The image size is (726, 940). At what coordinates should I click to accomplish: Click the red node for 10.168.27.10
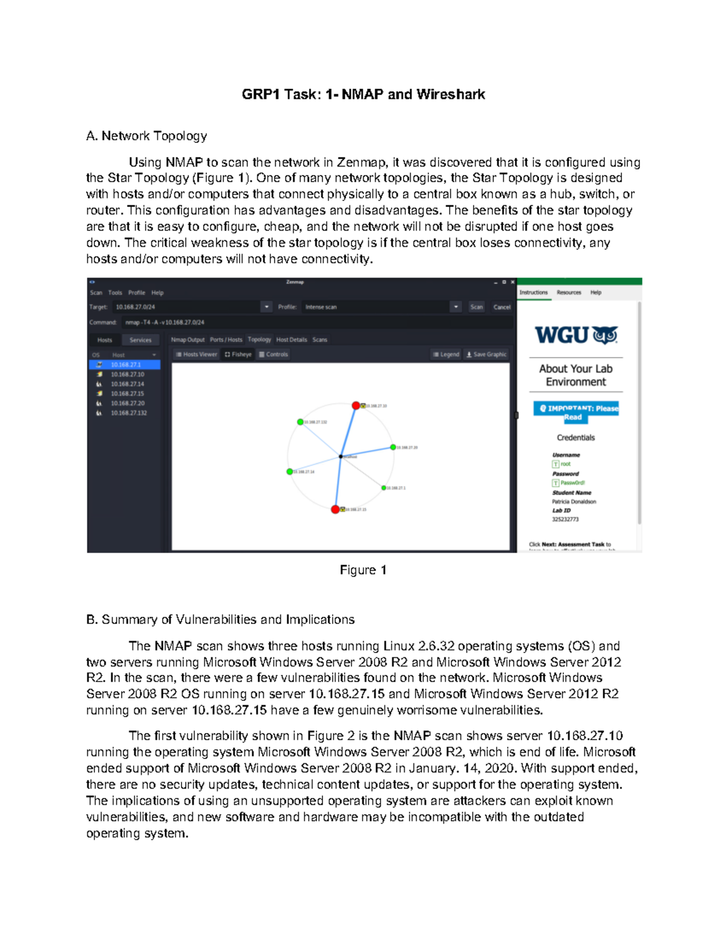pyautogui.click(x=356, y=406)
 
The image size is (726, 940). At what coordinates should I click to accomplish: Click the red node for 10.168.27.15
pyautogui.click(x=335, y=509)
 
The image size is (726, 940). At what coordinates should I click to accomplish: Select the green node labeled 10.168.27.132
pyautogui.click(x=300, y=422)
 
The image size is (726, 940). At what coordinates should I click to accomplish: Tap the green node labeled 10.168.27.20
pyautogui.click(x=393, y=447)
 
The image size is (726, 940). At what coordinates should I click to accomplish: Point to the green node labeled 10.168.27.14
pyautogui.click(x=289, y=472)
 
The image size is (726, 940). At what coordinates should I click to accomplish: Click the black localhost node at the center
pyautogui.click(x=341, y=456)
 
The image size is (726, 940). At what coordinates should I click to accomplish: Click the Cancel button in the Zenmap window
pyautogui.click(x=502, y=307)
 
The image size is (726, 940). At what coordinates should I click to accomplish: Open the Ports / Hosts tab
pyautogui.click(x=226, y=340)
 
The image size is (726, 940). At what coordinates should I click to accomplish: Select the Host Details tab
pyautogui.click(x=292, y=340)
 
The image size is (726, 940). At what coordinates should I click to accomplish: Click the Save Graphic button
pyautogui.click(x=486, y=354)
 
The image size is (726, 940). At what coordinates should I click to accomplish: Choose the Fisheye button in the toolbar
pyautogui.click(x=238, y=354)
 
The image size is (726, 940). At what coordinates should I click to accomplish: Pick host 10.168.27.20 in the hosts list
pyautogui.click(x=127, y=403)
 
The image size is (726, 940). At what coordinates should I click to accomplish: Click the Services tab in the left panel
pyautogui.click(x=140, y=340)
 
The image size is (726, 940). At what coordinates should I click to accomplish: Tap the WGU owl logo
pyautogui.click(x=605, y=335)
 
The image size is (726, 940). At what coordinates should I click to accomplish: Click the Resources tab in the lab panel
pyautogui.click(x=569, y=292)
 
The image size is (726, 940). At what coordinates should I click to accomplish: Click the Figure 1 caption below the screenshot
pyautogui.click(x=363, y=570)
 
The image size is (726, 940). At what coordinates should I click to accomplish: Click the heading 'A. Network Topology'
pyautogui.click(x=146, y=136)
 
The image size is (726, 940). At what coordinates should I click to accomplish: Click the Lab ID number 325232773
pyautogui.click(x=565, y=519)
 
